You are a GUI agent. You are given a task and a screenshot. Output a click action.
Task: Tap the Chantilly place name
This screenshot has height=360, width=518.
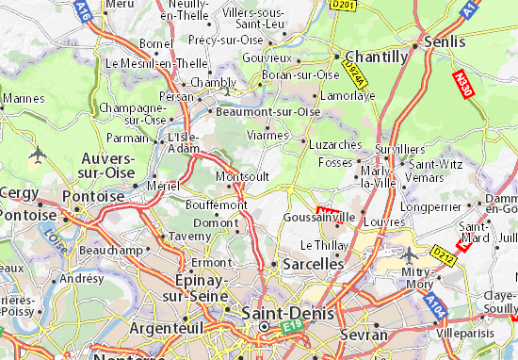pos(377,57)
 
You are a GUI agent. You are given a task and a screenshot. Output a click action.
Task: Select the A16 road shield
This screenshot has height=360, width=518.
pos(84,11)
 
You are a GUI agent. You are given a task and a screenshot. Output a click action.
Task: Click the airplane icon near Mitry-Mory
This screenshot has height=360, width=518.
pos(410,254)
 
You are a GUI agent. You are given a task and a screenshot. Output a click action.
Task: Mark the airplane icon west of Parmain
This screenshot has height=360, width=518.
pos(37,153)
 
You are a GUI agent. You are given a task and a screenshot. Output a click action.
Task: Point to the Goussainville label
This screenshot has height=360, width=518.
pos(319,216)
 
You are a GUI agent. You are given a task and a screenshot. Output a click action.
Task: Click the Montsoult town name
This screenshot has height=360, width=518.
pos(243,176)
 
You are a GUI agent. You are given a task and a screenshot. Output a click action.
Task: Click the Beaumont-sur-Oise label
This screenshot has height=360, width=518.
pos(267,111)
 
